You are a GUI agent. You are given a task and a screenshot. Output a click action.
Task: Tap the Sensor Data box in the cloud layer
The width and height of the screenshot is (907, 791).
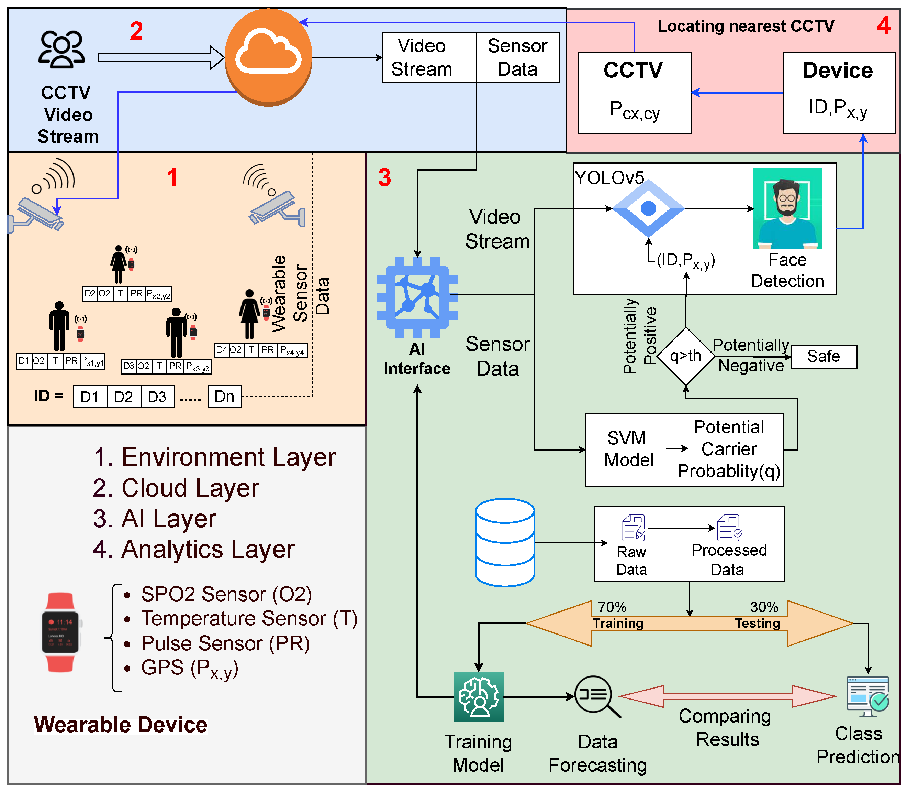[x=518, y=57]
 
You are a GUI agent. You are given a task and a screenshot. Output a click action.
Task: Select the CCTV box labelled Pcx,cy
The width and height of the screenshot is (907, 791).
[x=634, y=93]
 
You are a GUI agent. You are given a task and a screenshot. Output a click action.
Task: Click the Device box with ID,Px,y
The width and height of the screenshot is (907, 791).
[x=839, y=93]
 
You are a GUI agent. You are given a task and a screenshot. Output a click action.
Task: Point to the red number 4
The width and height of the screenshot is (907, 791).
[x=883, y=25]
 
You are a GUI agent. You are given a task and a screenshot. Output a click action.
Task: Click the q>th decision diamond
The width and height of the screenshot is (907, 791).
[x=686, y=356]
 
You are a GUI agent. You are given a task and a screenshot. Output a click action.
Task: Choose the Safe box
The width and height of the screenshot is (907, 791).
[x=823, y=357]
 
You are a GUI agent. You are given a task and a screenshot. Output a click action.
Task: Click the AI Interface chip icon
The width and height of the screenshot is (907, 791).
[x=417, y=297]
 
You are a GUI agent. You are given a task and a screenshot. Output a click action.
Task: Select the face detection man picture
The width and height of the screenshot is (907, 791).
[x=787, y=208]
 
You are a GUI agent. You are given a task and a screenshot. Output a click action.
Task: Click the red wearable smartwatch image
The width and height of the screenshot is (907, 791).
[x=60, y=632]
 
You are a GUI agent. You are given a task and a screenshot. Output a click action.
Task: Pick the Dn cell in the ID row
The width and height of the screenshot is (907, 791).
[x=224, y=397]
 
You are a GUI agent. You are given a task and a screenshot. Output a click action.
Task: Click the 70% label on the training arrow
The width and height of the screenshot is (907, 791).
[x=612, y=607]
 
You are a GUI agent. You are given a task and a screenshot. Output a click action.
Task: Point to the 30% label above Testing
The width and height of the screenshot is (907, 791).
[x=764, y=607]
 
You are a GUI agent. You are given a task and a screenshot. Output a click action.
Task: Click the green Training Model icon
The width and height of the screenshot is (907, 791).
[x=479, y=696]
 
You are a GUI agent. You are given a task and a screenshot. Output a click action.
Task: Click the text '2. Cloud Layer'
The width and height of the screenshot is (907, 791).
[x=176, y=488]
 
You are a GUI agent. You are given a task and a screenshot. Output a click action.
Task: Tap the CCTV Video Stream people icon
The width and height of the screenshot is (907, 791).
[x=62, y=50]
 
